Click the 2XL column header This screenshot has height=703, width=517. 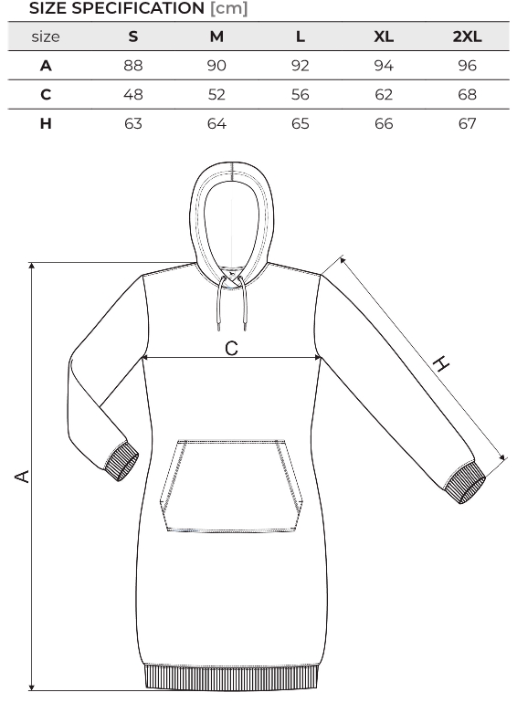pos(467,37)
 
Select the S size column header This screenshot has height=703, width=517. pos(133,37)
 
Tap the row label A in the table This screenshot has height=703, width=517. pos(46,66)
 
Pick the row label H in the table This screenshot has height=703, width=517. pos(46,123)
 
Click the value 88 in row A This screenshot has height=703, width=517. pos(133,66)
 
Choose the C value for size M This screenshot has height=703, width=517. pos(216,95)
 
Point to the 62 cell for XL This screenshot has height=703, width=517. pos(384,95)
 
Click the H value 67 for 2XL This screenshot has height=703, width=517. pos(468,123)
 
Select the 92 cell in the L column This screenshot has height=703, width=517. pos(300,66)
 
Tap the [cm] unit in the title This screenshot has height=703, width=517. pos(228,8)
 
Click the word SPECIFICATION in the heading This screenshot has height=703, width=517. pos(138,8)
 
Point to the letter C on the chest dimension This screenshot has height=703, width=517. pos(231,349)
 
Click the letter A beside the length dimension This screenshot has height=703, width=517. pos(23,477)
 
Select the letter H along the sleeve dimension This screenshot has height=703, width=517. pos(441,363)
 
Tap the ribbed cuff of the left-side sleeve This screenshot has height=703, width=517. pos(121,462)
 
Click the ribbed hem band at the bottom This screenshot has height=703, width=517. pos(232,677)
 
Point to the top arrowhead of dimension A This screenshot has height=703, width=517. pos(31,266)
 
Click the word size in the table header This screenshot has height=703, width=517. pos(46,37)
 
